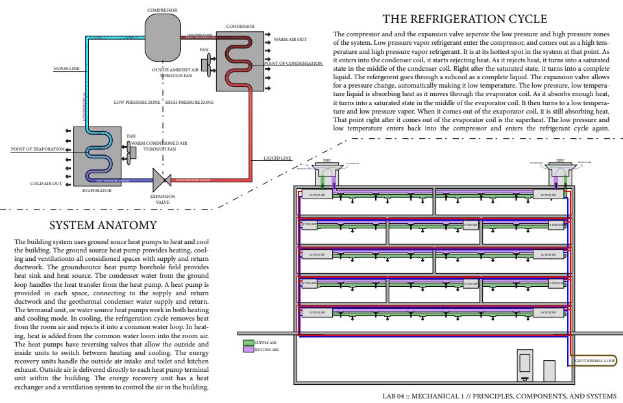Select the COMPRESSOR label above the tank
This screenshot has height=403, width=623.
click(162, 10)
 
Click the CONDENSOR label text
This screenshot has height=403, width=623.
click(240, 27)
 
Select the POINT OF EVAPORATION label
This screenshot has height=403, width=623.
click(38, 149)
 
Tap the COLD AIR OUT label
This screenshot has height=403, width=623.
click(46, 184)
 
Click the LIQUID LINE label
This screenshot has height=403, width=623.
click(278, 158)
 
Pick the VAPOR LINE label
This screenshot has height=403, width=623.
click(67, 67)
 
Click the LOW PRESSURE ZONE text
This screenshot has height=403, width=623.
click(137, 102)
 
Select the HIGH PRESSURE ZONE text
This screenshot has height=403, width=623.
click(189, 102)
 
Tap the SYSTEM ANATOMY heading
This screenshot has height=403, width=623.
click(103, 225)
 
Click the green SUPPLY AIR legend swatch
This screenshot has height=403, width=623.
click(248, 342)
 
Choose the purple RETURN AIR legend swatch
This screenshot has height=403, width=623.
click(248, 349)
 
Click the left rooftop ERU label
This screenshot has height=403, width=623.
click(327, 159)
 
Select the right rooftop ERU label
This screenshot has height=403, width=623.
click(560, 159)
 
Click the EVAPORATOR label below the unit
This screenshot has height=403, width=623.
click(98, 191)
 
